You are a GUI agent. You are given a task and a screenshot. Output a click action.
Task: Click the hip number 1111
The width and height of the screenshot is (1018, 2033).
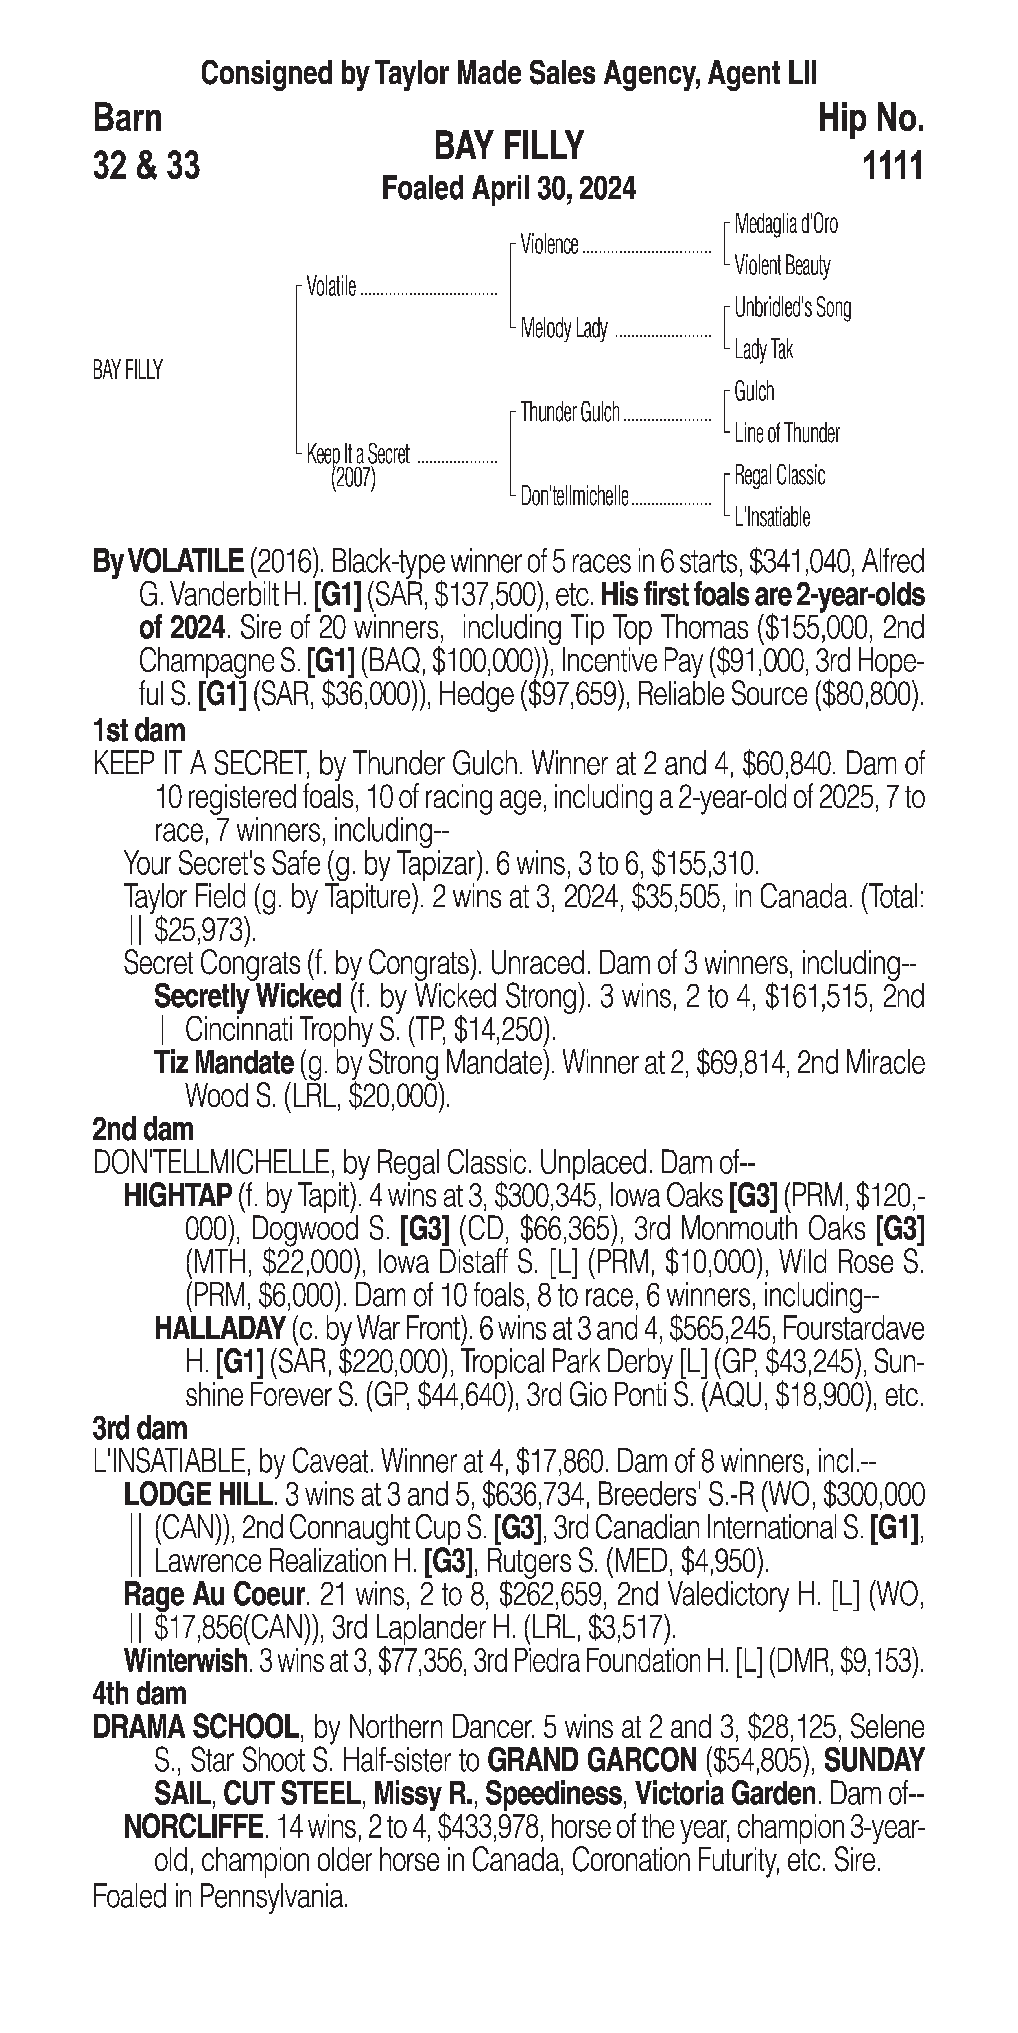click(892, 167)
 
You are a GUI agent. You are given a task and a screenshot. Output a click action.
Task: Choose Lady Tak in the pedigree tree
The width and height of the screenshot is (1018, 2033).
click(763, 350)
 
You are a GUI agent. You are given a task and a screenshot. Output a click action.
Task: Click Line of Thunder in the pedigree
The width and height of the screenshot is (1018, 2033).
click(787, 433)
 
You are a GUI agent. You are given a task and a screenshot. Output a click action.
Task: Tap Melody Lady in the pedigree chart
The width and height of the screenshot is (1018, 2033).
click(563, 328)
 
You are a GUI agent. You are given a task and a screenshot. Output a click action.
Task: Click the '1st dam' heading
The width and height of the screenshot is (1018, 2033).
click(139, 731)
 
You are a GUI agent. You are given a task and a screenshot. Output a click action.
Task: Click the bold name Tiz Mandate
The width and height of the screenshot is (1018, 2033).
click(223, 1063)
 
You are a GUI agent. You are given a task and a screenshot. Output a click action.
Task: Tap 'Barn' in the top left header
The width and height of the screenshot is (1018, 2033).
click(127, 118)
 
